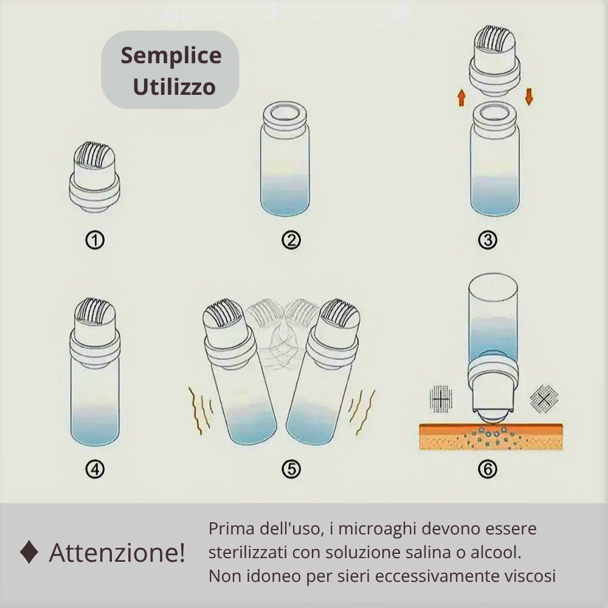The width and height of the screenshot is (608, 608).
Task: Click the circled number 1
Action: click(x=95, y=240)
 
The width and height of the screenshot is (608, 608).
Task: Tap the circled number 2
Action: click(x=291, y=240)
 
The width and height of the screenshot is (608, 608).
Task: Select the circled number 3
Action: click(x=488, y=240)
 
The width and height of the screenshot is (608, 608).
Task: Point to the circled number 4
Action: click(x=95, y=469)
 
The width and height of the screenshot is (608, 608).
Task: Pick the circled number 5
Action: click(x=291, y=469)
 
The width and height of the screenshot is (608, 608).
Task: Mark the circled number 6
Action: click(x=488, y=469)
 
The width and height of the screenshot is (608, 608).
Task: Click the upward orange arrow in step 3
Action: click(x=461, y=97)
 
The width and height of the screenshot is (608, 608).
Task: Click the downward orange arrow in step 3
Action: click(x=528, y=97)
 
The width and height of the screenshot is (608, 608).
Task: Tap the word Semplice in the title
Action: click(x=171, y=56)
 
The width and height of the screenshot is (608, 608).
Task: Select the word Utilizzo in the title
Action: click(x=174, y=87)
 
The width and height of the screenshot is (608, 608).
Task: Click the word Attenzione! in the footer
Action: click(x=117, y=553)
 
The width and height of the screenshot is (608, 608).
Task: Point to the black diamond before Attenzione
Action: click(x=29, y=553)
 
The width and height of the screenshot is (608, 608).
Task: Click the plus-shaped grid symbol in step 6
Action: click(x=440, y=399)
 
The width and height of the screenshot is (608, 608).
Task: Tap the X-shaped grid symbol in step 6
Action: click(x=544, y=399)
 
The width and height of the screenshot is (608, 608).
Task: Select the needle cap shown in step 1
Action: click(x=94, y=176)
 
